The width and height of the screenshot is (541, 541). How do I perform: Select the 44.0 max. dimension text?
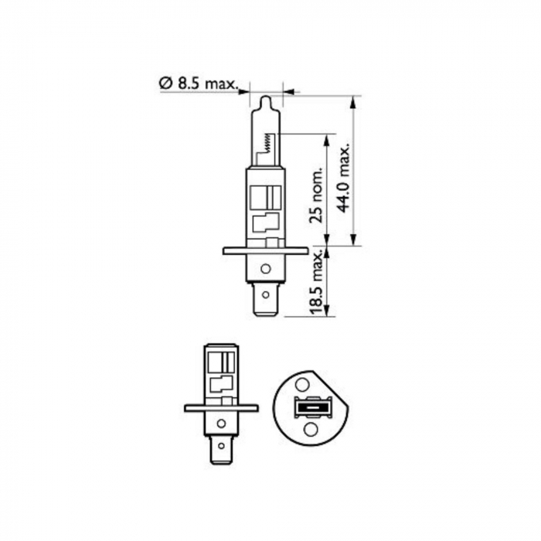point(345,176)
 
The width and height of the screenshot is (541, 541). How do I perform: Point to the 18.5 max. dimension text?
point(315,283)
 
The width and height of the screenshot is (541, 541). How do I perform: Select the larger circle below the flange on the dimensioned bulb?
point(265,269)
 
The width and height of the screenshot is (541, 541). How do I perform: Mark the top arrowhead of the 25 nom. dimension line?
point(328,140)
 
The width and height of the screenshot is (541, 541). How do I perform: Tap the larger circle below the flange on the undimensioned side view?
point(221,424)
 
